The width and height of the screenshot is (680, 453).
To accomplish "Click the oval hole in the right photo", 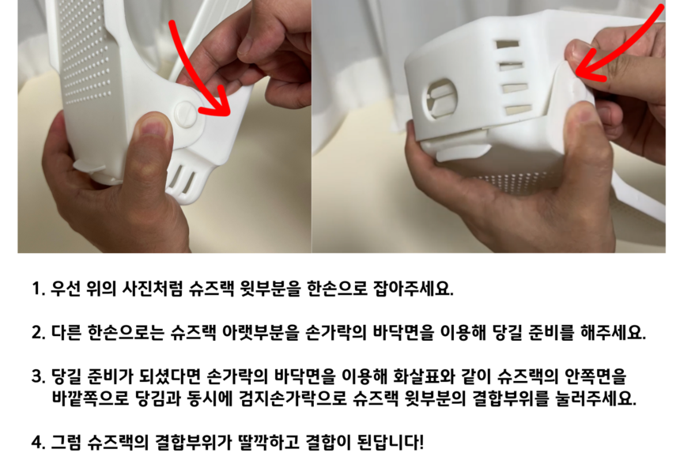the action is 440,98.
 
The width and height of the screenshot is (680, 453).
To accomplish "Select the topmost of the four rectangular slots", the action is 508,45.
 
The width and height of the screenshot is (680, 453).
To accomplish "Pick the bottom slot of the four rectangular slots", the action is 518,109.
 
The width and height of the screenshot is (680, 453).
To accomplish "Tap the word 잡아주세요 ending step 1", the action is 414,289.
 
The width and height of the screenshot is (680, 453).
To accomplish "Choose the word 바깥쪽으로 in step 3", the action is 91,398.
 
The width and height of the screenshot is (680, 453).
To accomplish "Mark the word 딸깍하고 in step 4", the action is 269,442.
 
